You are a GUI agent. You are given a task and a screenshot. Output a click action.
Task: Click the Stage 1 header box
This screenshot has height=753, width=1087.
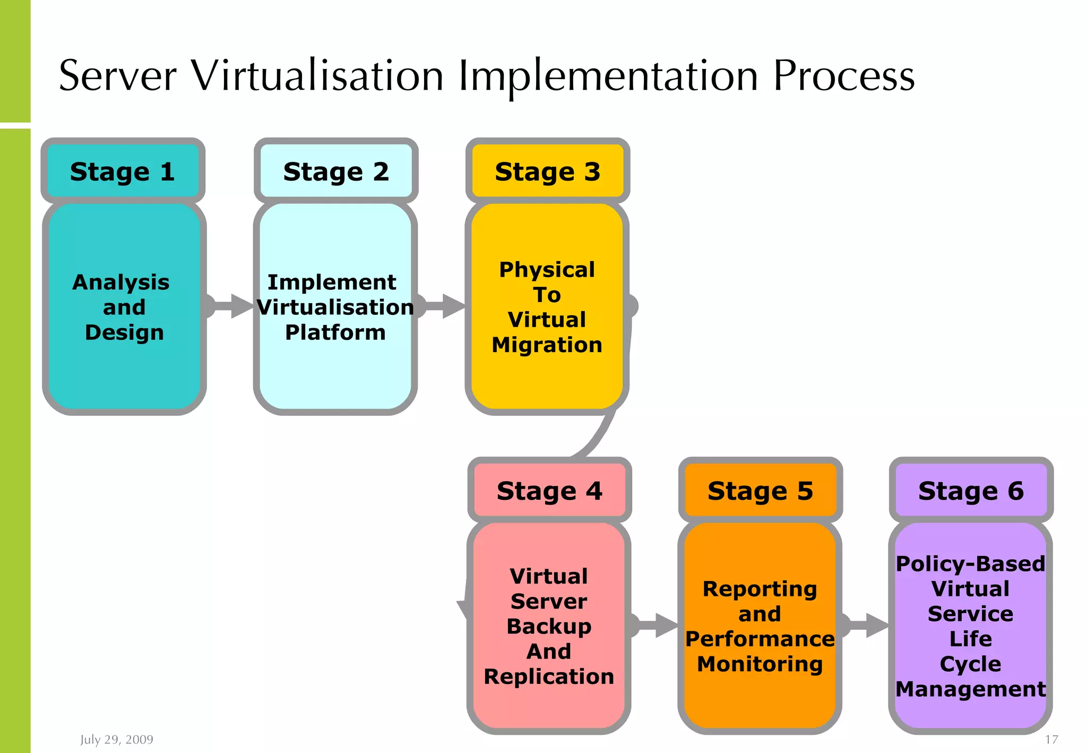(123, 171)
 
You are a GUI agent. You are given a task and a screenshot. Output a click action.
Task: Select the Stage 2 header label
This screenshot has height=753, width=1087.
(336, 171)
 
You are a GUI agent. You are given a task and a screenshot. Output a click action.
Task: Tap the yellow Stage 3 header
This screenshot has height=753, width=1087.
(547, 171)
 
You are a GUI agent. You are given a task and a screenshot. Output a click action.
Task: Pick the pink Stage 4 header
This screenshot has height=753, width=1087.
(549, 490)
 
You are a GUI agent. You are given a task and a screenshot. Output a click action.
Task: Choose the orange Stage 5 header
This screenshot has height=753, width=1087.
(760, 490)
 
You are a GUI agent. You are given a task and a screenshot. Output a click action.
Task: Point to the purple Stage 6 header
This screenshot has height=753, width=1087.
(971, 490)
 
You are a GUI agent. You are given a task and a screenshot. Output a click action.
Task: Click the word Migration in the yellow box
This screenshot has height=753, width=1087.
(547, 345)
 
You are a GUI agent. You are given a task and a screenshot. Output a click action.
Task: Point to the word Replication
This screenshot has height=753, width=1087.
(549, 677)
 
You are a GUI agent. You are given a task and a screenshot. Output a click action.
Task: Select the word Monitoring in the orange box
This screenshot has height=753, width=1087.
(760, 664)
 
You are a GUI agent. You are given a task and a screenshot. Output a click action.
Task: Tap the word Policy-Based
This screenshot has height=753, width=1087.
(970, 563)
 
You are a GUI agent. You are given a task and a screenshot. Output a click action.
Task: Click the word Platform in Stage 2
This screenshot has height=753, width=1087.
(335, 332)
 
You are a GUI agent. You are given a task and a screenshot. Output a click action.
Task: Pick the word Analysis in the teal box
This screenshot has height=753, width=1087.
(121, 282)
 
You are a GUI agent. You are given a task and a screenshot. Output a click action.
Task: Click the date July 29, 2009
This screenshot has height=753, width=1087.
(117, 739)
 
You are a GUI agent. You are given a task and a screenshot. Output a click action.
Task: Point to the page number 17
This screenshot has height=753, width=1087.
(1051, 739)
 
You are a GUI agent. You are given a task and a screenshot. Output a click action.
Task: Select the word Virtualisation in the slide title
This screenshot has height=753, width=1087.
(317, 76)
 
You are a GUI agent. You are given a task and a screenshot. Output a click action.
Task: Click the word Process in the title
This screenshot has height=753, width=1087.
(844, 76)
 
